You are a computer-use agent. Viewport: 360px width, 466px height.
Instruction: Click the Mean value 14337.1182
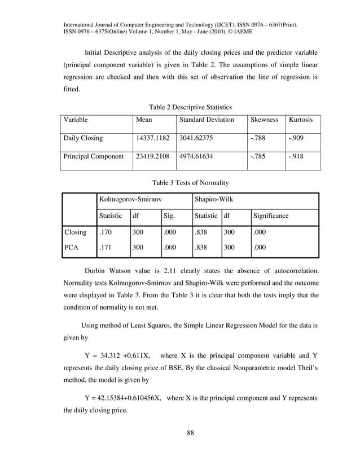(152, 138)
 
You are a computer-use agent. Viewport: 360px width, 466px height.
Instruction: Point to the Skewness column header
(264, 120)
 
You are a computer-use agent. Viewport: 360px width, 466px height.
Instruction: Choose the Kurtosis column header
(301, 120)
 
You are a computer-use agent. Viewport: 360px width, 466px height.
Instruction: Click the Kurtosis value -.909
(297, 138)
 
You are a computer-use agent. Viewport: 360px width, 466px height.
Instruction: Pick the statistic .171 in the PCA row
(104, 247)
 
